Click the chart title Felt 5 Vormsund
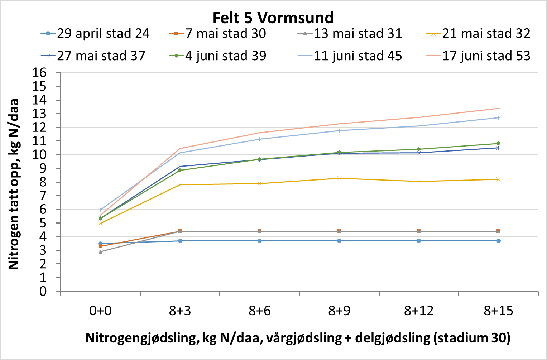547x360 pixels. (x=273, y=17)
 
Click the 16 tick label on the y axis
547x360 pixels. (x=39, y=73)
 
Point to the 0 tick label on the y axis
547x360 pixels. (x=43, y=291)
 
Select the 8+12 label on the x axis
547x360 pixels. (x=419, y=311)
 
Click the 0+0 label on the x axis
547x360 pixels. (x=100, y=311)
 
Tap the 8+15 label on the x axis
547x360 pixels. (x=498, y=311)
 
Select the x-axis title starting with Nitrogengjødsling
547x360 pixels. (x=298, y=338)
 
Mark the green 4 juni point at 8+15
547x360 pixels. (x=498, y=144)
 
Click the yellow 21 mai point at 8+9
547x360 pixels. (x=339, y=178)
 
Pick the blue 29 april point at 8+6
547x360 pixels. (x=260, y=241)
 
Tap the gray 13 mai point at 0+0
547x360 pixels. (x=101, y=252)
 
